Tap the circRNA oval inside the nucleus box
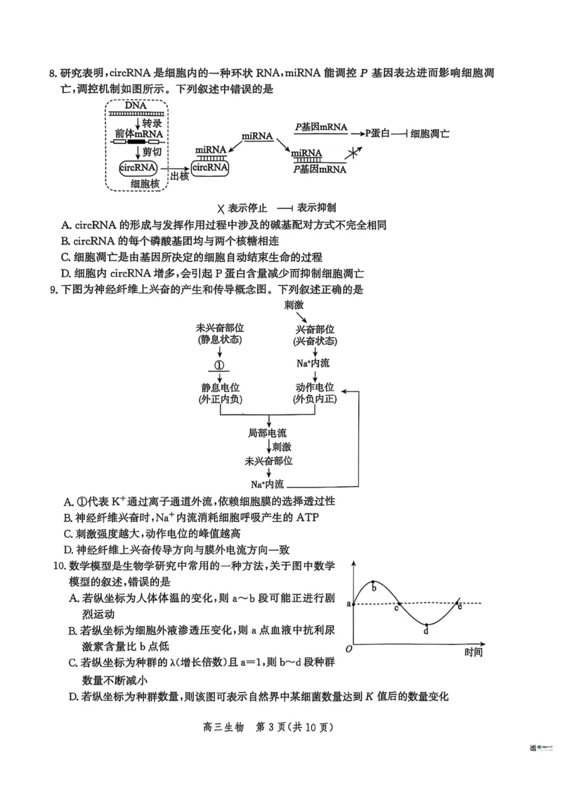138,168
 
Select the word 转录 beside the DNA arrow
152,122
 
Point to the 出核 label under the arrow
179,176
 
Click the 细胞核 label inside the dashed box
138,184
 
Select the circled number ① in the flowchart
219,365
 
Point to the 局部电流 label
268,433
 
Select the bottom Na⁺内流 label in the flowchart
267,484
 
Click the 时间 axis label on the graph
473,651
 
